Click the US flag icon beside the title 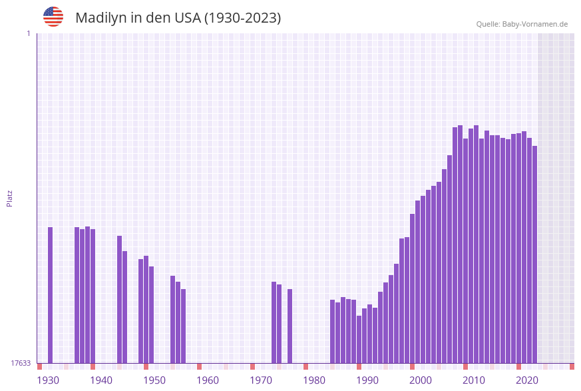click(53, 17)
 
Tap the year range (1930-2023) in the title click(242, 18)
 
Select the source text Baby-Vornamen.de click(534, 24)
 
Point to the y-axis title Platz click(10, 198)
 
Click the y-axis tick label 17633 click(21, 363)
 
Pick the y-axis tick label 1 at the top click(28, 33)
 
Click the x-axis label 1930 click(48, 380)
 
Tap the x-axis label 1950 click(154, 380)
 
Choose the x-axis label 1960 click(208, 380)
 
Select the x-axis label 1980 click(314, 380)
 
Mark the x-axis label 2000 click(421, 380)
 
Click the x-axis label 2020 click(527, 380)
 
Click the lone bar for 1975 click(290, 326)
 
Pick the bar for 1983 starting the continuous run click(333, 331)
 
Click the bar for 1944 click(125, 307)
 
